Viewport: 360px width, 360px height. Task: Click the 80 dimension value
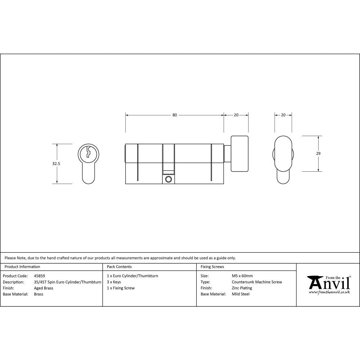tap(175, 115)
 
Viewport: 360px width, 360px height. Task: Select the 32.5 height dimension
tap(56, 163)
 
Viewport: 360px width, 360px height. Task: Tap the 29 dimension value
tap(318, 153)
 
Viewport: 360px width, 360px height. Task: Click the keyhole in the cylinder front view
tap(87, 153)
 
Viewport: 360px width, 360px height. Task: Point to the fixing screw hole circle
tap(168, 179)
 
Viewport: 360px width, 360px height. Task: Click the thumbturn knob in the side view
tap(239, 154)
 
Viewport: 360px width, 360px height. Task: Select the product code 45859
tap(39, 276)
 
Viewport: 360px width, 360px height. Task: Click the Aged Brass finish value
tap(44, 288)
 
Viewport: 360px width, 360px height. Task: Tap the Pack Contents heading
tap(119, 267)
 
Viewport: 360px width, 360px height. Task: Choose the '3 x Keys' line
tap(114, 282)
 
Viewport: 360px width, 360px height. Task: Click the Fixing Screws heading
tap(212, 267)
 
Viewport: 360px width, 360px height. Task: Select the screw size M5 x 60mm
tap(242, 276)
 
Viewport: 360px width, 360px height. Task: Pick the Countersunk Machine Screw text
tap(257, 282)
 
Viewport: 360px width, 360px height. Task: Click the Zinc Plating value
tap(242, 288)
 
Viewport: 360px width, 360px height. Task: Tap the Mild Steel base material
tap(241, 294)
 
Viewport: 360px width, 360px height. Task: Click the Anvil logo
tap(328, 283)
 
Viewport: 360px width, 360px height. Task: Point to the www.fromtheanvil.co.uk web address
tap(329, 292)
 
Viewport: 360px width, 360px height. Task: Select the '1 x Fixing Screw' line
tap(121, 288)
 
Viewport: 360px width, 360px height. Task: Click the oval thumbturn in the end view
tap(283, 154)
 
